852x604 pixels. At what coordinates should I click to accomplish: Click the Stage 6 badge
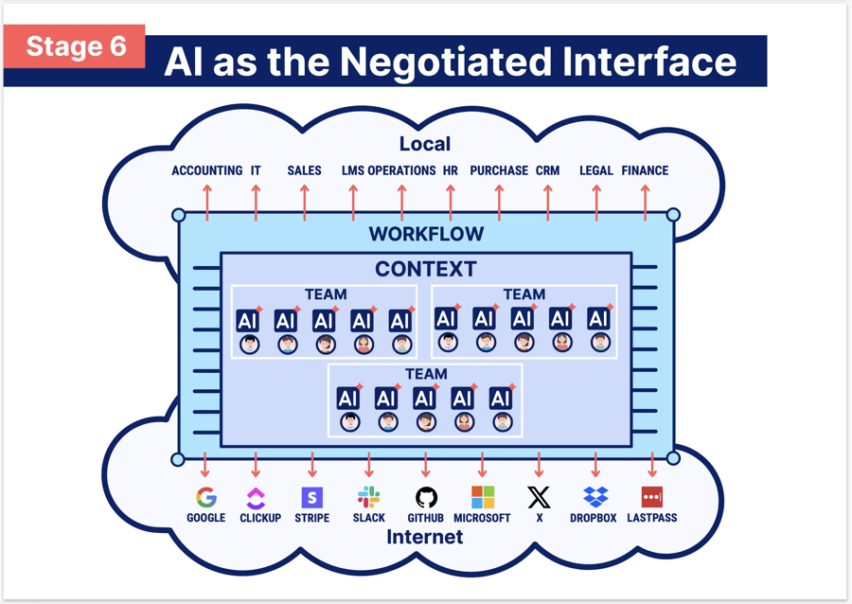(x=76, y=46)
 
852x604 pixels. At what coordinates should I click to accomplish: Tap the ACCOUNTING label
(x=207, y=170)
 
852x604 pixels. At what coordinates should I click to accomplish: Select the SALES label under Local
(x=304, y=170)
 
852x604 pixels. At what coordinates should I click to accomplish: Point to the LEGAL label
(x=596, y=170)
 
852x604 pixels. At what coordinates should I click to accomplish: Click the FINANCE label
(x=645, y=170)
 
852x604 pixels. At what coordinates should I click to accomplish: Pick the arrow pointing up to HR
(x=451, y=202)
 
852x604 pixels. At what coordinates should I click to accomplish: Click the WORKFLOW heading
(x=426, y=234)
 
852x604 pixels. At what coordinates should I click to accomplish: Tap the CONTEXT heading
(x=426, y=269)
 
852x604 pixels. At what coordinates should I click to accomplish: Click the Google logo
(x=205, y=497)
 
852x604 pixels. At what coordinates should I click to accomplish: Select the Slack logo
(x=368, y=497)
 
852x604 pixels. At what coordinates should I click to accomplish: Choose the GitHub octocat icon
(x=426, y=497)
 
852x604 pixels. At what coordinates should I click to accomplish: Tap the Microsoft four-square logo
(x=483, y=497)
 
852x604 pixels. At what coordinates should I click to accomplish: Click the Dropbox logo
(x=595, y=497)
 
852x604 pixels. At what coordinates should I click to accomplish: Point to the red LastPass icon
(x=652, y=497)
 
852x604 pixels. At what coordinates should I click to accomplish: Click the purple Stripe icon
(x=311, y=497)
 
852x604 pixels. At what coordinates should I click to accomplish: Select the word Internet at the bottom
(x=426, y=538)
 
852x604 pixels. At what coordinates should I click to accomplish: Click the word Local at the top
(x=425, y=144)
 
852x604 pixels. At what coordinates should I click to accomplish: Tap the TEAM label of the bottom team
(x=426, y=374)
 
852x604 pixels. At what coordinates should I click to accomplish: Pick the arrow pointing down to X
(x=539, y=465)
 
